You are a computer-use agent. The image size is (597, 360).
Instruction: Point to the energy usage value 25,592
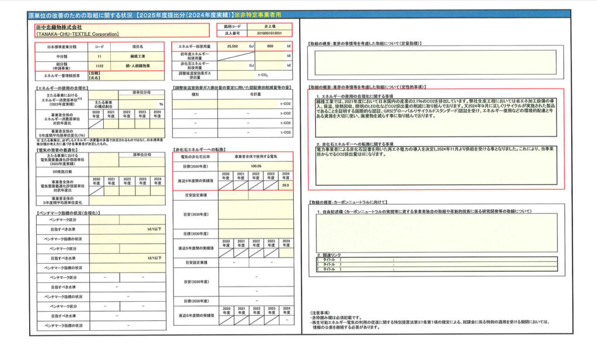(x=233, y=46)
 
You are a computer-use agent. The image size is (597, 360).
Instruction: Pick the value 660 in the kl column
(x=271, y=46)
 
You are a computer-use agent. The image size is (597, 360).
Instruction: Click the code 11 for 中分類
(x=99, y=56)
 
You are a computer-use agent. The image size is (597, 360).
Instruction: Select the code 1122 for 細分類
(x=99, y=66)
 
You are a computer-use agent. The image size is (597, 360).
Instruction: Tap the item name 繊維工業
(x=138, y=56)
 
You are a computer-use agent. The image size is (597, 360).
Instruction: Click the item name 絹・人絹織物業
(x=138, y=66)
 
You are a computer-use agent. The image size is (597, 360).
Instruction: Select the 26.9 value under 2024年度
(x=286, y=185)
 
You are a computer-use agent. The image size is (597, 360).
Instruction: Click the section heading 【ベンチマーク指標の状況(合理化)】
(x=62, y=214)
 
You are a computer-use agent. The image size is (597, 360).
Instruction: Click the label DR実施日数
(x=61, y=172)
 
